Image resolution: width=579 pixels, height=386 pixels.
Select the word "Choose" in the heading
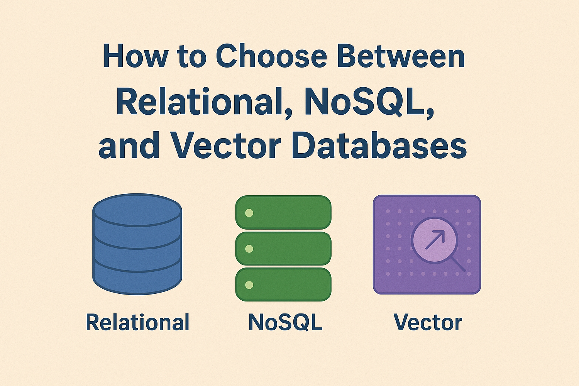(271, 56)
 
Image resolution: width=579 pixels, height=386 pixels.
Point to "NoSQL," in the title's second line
(369, 102)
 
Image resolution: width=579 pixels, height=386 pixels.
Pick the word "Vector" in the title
(226, 146)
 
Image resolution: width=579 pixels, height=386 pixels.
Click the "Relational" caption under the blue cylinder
(137, 322)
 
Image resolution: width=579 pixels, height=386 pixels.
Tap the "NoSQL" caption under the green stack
(285, 322)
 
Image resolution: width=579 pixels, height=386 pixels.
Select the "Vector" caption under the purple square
(428, 322)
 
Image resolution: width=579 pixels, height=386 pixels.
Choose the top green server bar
(283, 212)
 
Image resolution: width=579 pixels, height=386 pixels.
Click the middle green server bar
(283, 249)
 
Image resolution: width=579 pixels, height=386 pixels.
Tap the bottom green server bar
(283, 285)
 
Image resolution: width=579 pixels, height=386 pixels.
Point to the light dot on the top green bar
(249, 213)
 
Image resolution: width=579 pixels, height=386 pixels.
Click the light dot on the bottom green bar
(249, 285)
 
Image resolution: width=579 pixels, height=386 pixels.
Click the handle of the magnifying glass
(458, 264)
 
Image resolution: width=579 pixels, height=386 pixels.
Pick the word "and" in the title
(129, 146)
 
